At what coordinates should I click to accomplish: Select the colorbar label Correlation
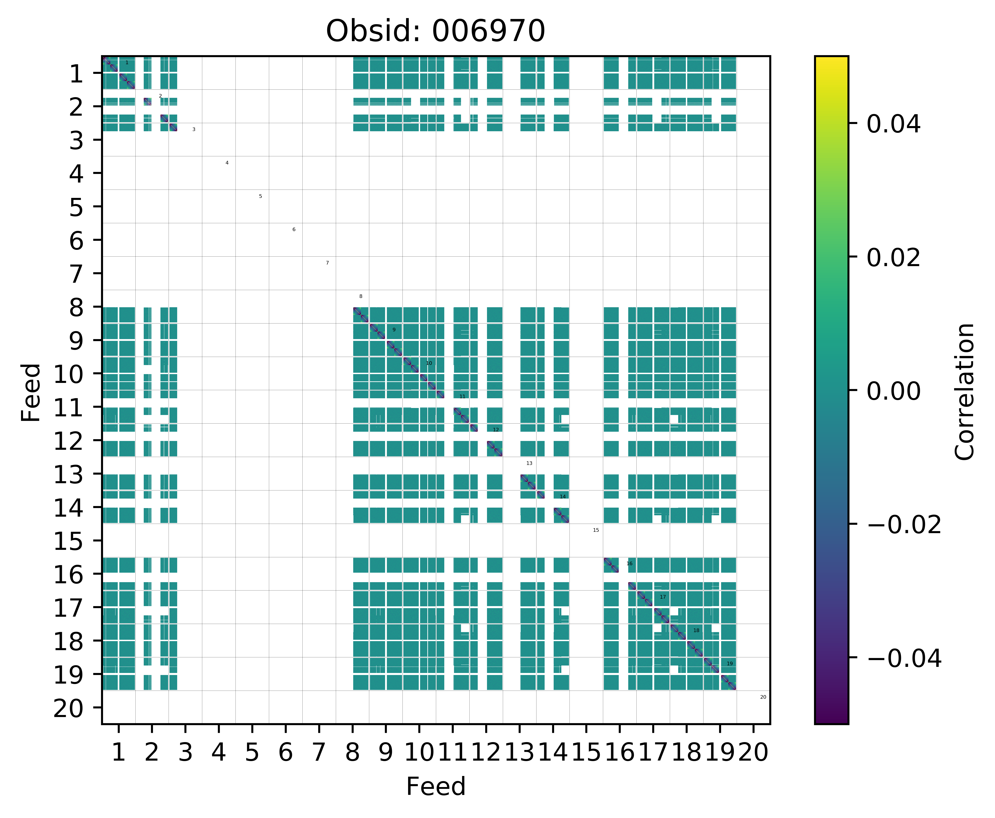964,391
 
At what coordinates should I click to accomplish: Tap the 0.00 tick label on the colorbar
893,391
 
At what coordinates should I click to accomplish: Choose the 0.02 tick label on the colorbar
893,258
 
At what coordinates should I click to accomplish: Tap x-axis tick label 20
753,752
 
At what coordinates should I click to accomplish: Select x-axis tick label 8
352,752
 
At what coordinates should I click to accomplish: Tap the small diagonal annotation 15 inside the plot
596,530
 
